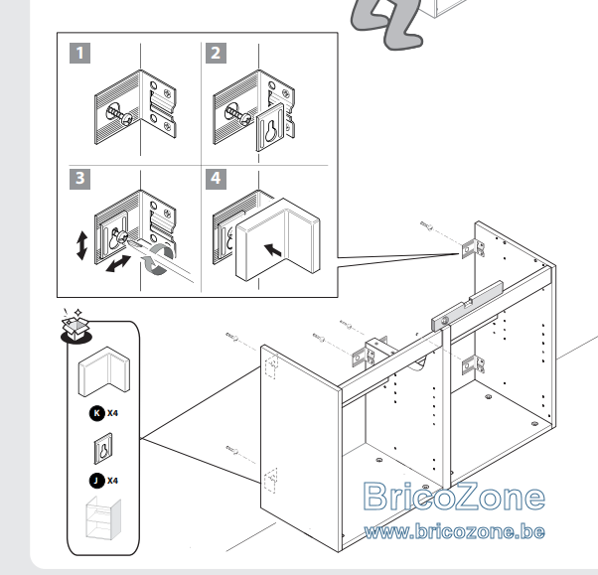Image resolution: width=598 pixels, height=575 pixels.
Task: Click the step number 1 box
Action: [x=79, y=53]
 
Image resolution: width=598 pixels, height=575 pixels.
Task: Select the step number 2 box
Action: [x=216, y=53]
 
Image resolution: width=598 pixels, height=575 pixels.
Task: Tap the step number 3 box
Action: [x=79, y=179]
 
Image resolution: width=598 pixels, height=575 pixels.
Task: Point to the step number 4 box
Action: [x=216, y=179]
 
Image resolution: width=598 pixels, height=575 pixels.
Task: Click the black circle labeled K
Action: [x=97, y=413]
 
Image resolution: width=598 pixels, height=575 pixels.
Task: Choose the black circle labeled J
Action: [x=97, y=481]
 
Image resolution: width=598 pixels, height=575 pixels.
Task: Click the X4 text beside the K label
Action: [x=112, y=413]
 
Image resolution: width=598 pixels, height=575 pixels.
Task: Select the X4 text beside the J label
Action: [x=112, y=481]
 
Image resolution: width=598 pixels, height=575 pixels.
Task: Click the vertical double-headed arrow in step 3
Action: [x=81, y=245]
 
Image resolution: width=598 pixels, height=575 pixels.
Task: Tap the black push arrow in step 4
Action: [x=273, y=250]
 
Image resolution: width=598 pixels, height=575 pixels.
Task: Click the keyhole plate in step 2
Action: [x=270, y=127]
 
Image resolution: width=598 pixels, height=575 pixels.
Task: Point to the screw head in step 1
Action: [x=127, y=119]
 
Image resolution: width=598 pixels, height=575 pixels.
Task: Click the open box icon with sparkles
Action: [x=75, y=327]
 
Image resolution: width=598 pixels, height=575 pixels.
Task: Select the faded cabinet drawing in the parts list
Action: [x=103, y=518]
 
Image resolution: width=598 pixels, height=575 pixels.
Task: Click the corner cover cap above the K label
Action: [x=104, y=371]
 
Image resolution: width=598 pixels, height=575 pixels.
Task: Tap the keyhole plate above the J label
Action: [x=103, y=449]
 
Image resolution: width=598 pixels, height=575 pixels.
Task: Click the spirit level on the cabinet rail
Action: [x=468, y=306]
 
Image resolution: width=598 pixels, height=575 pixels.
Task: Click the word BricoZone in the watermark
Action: [x=454, y=496]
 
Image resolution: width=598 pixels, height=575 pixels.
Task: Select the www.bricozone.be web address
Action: [x=454, y=531]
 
